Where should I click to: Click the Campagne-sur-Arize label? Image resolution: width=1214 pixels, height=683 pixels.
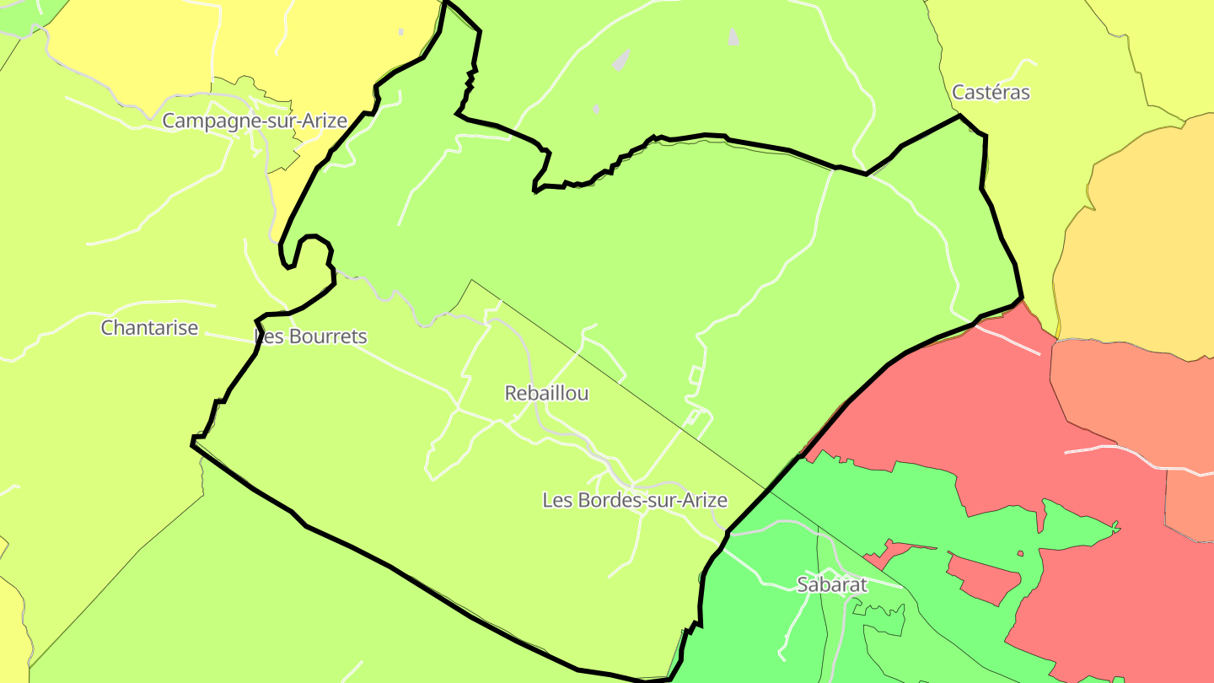254,121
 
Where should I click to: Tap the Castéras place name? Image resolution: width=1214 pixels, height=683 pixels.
991,92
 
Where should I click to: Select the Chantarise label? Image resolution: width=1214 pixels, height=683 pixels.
149,327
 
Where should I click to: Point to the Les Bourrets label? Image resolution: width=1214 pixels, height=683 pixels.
310,336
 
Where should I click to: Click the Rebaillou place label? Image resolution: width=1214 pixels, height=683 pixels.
546,393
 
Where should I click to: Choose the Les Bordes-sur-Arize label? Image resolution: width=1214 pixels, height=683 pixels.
634,500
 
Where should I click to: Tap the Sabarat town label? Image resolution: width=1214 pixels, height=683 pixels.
831,584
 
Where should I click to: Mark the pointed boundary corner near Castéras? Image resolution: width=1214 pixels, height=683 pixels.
960,116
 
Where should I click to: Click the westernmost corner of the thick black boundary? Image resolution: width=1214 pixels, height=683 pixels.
193,440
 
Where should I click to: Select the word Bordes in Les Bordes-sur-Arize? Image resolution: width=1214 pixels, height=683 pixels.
604,500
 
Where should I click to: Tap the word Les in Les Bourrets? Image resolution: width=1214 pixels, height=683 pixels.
268,336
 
